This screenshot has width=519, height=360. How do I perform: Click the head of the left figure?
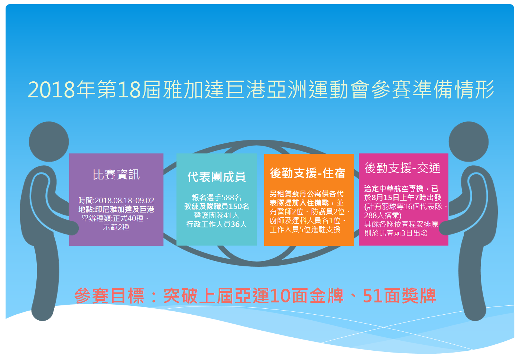coord(49,142)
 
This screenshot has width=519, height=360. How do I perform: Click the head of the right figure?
coord(468,142)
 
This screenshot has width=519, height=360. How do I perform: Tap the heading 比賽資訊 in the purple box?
coord(116,175)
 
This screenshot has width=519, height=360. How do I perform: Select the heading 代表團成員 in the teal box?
coord(216,177)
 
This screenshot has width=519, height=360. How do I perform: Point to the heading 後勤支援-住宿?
coord(308,173)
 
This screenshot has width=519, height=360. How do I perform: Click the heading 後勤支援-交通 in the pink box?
coord(402,168)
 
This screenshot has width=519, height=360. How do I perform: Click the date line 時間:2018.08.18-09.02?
coord(116,200)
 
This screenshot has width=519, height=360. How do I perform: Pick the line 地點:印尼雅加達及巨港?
coord(116,210)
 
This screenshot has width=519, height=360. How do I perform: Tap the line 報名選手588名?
coord(217,197)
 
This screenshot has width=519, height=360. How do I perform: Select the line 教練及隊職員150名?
coord(217,206)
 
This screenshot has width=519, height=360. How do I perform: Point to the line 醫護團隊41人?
coord(217,215)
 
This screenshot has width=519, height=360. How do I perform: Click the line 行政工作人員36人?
coord(217,224)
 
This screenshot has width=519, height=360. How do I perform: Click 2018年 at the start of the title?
coord(61,90)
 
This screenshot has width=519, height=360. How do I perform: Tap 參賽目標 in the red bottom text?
coord(109,296)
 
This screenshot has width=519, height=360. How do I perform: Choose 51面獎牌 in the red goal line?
coord(399,296)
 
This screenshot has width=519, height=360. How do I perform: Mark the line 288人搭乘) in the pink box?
coord(383,215)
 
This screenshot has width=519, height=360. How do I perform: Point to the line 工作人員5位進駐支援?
coord(305,229)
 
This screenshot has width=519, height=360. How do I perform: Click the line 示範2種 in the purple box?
coord(116,227)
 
